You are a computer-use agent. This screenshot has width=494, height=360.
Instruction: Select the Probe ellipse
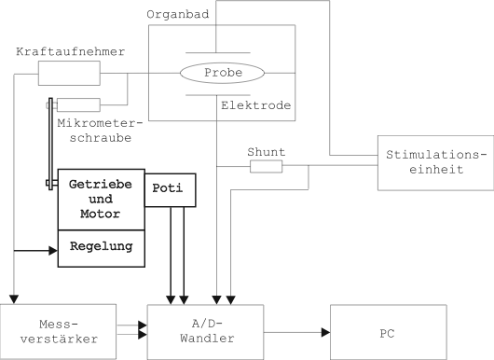(216, 73)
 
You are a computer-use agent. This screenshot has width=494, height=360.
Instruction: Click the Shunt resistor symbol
(266, 166)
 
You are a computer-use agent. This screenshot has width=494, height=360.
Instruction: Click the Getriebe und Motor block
(102, 199)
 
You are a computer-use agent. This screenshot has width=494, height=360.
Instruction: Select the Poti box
(171, 190)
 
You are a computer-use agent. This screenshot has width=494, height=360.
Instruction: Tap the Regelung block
(102, 247)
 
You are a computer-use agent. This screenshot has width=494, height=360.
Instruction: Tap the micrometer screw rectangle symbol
(79, 104)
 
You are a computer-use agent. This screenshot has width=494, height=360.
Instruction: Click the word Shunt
(266, 150)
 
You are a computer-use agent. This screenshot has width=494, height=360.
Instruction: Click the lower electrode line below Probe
(216, 93)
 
